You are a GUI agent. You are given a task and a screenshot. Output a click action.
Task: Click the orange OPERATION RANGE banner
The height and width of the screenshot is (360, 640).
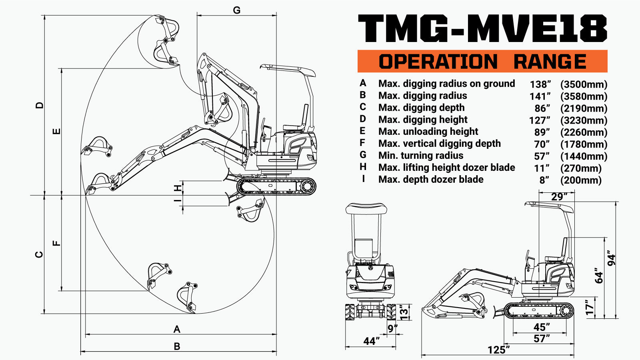[x=482, y=61]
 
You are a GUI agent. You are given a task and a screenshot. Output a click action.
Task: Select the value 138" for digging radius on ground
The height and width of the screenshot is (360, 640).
[x=540, y=84]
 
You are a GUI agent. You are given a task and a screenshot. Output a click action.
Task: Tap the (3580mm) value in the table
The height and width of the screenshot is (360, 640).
[x=584, y=96]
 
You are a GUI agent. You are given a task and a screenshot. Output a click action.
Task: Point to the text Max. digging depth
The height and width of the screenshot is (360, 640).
[x=421, y=108]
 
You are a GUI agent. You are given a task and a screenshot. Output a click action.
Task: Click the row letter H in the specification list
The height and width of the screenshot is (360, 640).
[x=363, y=167]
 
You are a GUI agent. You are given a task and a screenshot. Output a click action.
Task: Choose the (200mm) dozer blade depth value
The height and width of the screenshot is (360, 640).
[x=581, y=180]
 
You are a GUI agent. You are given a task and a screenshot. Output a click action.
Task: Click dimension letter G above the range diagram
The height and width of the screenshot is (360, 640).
[x=237, y=10]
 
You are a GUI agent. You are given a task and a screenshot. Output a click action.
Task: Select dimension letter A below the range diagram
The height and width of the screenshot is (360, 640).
[x=177, y=329]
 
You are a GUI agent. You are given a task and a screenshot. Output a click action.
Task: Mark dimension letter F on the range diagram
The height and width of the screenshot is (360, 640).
[x=57, y=243]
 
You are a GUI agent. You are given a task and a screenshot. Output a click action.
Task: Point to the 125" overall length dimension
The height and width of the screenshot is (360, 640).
[x=498, y=350]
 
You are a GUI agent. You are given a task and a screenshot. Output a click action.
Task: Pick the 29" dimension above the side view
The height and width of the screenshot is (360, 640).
[x=559, y=197]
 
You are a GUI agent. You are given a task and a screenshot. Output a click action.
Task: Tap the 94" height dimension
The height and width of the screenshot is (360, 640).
[x=611, y=258]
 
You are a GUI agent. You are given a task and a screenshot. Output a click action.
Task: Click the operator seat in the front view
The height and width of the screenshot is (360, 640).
[x=363, y=248]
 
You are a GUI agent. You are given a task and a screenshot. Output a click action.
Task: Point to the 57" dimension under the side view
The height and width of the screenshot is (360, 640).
[x=542, y=338]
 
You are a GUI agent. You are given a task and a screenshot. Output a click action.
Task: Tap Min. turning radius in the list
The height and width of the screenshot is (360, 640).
[x=420, y=156]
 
